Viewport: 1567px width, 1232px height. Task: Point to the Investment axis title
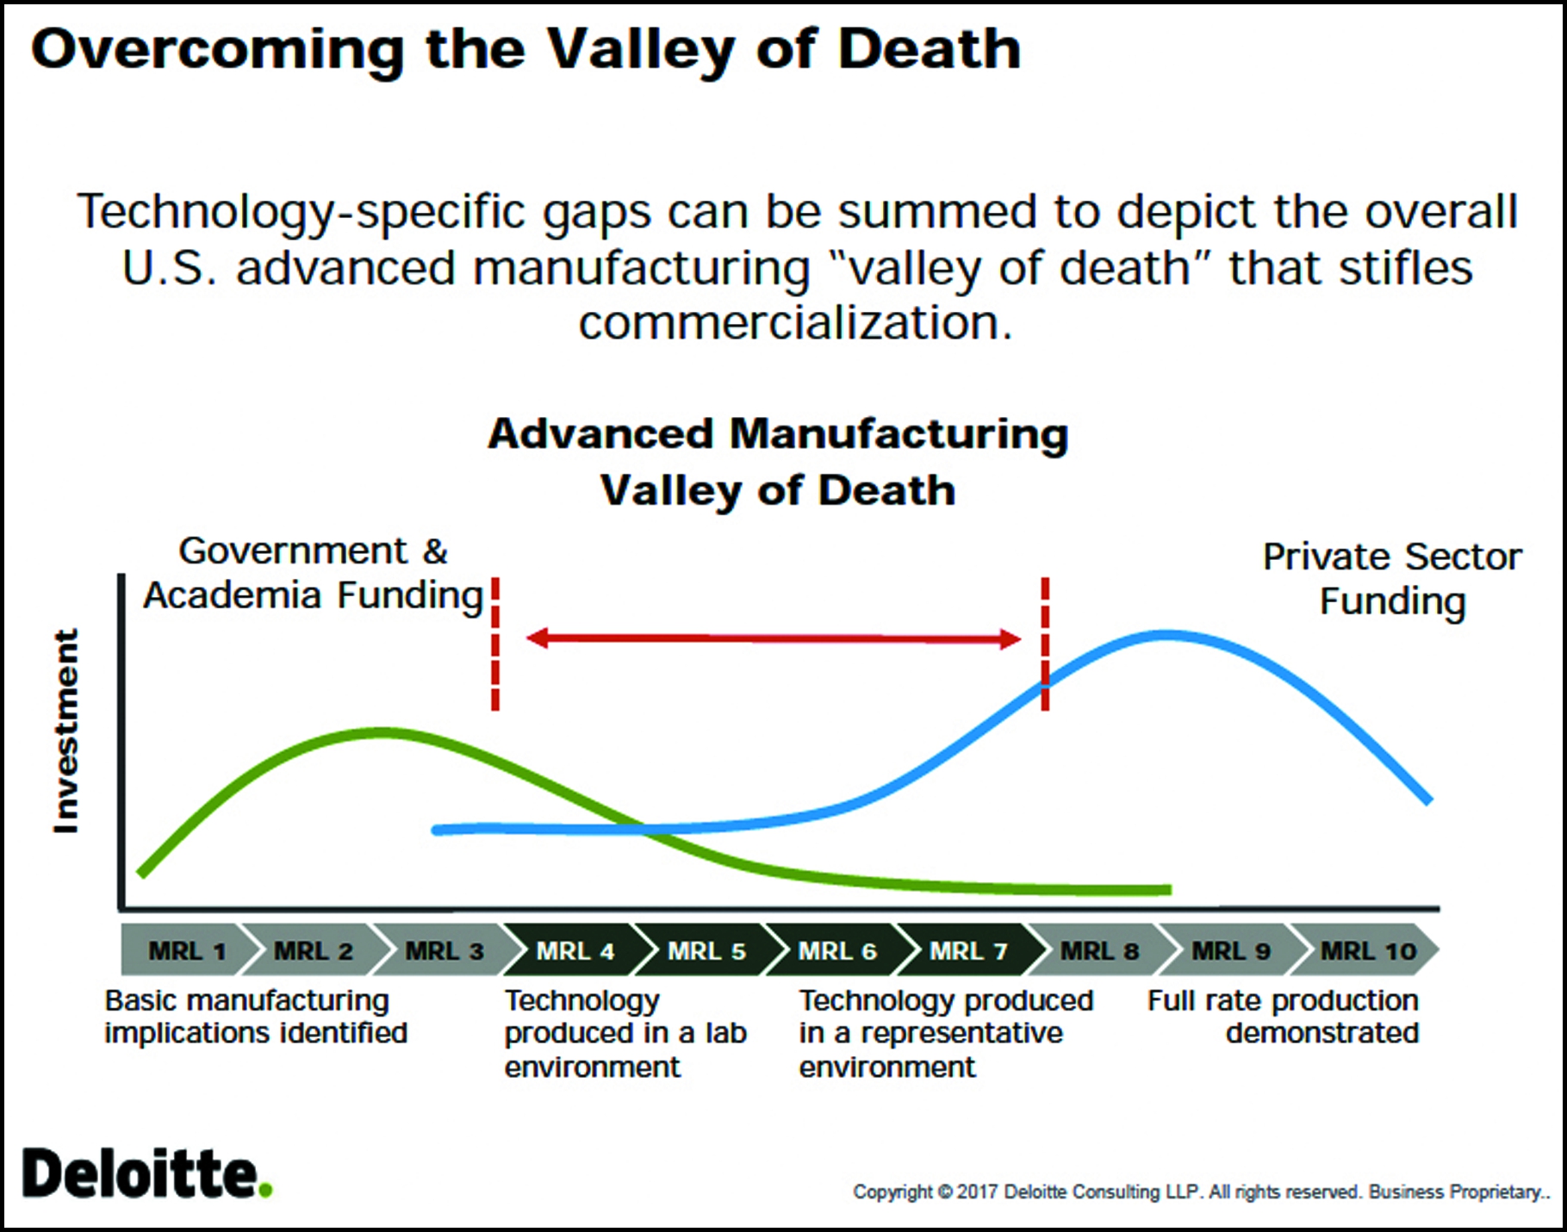coord(65,731)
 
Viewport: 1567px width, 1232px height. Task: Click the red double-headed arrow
coord(773,638)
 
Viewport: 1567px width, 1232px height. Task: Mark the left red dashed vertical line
coord(495,644)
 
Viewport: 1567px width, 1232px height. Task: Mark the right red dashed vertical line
coord(1045,644)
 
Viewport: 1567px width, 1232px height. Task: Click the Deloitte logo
coord(147,1173)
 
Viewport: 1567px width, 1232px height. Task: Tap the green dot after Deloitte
coord(265,1190)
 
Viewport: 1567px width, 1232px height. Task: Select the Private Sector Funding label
coord(1392,579)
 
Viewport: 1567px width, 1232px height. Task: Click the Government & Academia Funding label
coord(314,573)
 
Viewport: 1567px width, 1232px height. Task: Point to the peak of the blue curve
coord(1165,636)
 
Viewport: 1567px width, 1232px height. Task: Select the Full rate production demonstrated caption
coord(1283,1017)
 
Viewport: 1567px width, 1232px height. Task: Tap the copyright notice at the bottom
coord(1201,1192)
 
